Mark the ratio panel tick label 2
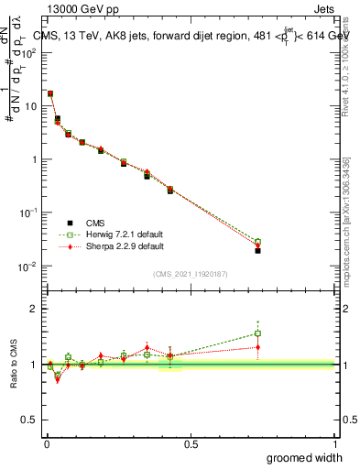click(35, 309)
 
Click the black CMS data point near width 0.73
click(257, 250)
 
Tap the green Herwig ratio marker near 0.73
click(257, 333)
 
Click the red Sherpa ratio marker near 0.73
click(257, 347)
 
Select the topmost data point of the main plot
click(50, 93)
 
